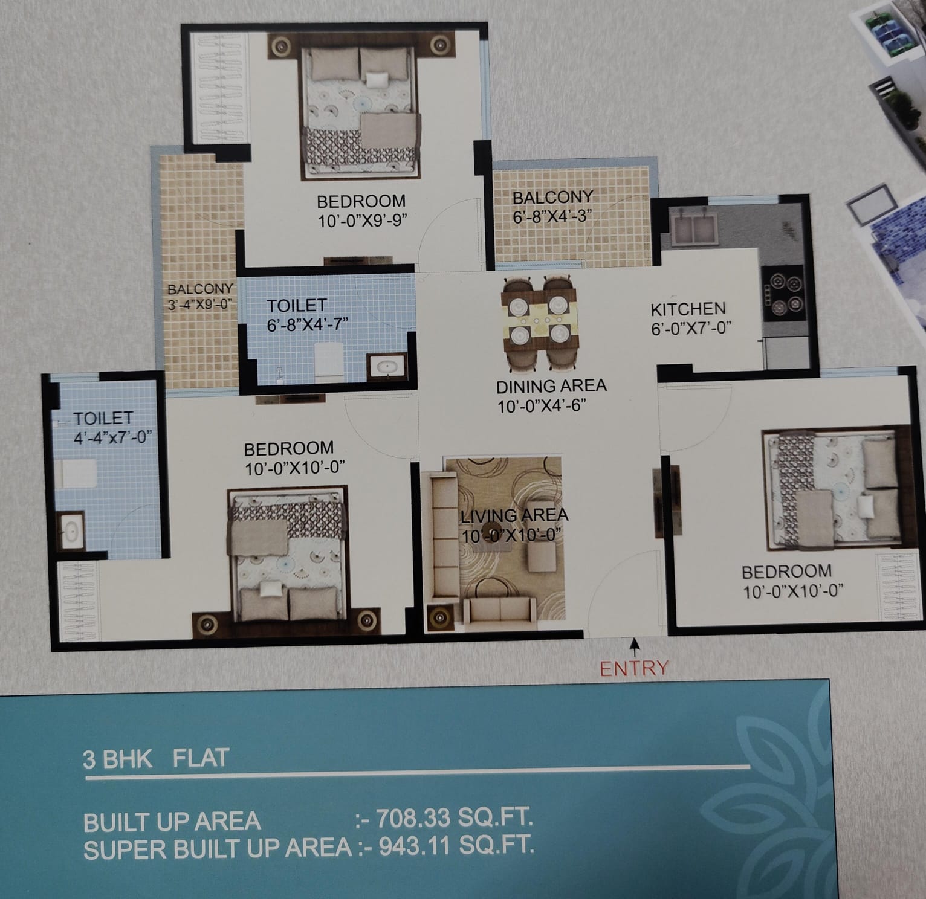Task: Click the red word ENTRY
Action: click(x=634, y=668)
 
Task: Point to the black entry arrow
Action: click(x=634, y=649)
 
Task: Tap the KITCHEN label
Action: click(x=688, y=309)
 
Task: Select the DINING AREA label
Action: click(x=551, y=386)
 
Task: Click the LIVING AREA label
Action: click(x=514, y=516)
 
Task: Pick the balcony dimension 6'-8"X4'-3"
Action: click(x=551, y=216)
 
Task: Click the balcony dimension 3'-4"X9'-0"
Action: click(x=200, y=303)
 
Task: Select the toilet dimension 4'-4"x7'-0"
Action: click(x=111, y=436)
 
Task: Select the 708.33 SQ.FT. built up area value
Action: click(x=454, y=819)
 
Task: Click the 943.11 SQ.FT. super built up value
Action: click(x=456, y=846)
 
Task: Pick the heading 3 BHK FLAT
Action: click(x=156, y=758)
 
